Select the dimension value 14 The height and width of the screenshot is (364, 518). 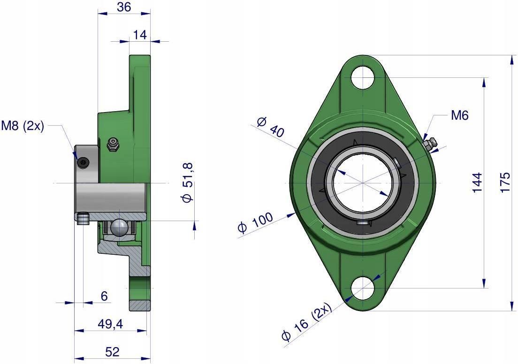139,35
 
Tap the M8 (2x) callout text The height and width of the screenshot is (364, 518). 23,126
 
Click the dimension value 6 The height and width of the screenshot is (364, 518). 104,296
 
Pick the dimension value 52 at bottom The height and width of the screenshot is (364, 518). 112,352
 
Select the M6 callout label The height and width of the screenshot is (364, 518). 459,115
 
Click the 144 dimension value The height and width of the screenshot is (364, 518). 477,182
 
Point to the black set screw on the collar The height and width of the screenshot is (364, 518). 84,163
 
